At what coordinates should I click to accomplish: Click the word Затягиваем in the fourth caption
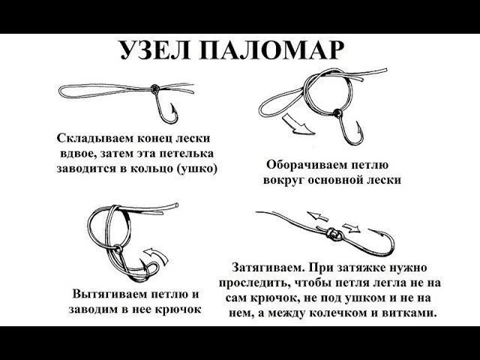268,268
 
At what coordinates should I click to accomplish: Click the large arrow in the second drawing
298,125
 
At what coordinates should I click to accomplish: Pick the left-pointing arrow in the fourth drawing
317,216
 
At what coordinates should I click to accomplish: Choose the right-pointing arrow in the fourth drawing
352,228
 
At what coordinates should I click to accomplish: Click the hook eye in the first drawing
155,89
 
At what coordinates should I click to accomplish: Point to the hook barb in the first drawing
173,110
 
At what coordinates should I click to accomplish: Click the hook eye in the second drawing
337,113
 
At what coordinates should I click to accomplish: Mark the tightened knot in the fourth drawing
331,234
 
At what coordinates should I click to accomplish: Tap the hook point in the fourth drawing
369,229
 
